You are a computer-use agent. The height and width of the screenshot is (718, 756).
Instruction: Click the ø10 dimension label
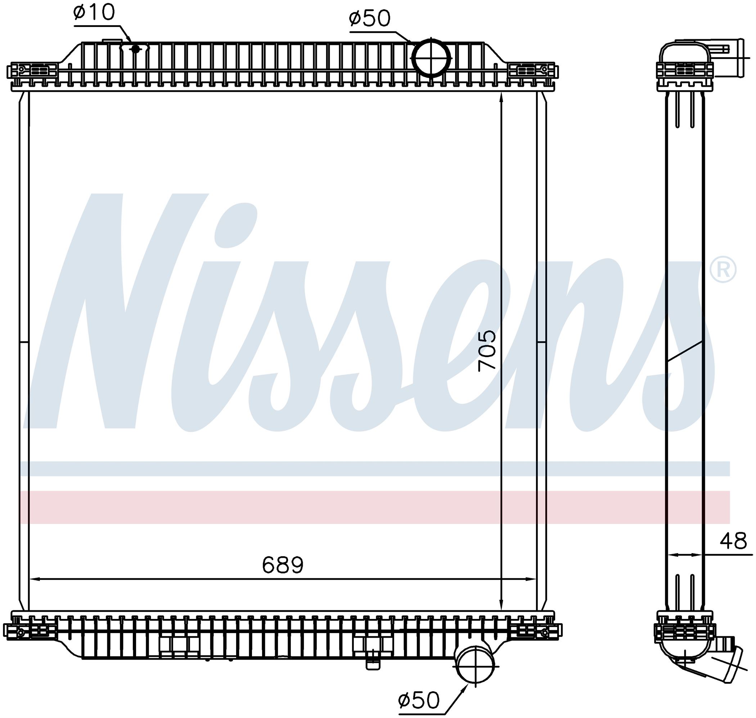(x=94, y=13)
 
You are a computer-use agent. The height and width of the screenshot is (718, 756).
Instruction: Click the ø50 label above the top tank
(x=369, y=19)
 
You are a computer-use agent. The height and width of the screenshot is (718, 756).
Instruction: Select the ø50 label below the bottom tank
(x=419, y=700)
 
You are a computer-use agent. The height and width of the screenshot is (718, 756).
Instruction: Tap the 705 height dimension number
(x=487, y=351)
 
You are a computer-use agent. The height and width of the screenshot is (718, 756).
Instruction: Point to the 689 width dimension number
(x=283, y=565)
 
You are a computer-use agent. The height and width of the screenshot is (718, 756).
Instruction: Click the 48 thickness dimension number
(x=733, y=542)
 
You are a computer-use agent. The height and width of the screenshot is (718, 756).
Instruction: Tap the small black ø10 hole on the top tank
(x=135, y=49)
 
